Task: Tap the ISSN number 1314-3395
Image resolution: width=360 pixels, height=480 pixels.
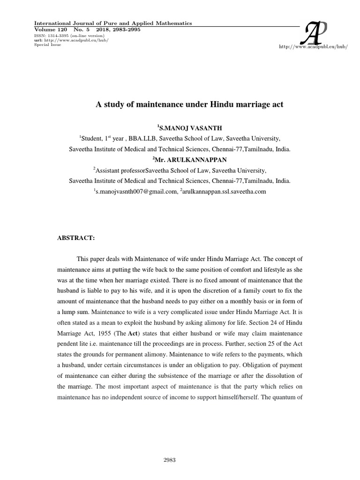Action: [x=59, y=36]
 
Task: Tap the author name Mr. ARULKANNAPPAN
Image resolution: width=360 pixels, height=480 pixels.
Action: [x=180, y=160]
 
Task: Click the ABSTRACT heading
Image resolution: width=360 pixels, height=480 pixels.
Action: [x=76, y=238]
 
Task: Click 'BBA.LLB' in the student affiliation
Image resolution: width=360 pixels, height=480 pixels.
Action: [x=146, y=139]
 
